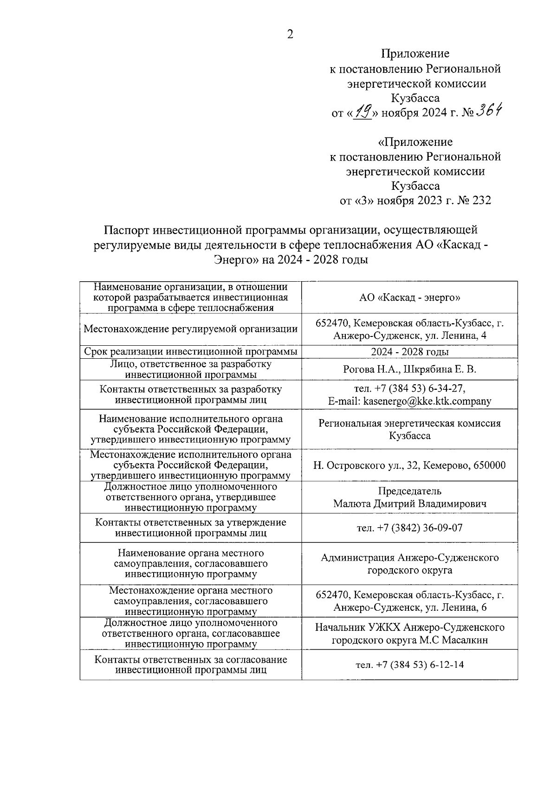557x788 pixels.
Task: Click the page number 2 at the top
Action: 290,35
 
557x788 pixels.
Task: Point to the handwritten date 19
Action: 363,111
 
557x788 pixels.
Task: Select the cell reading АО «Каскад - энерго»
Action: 409,297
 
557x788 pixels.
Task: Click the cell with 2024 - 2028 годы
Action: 409,352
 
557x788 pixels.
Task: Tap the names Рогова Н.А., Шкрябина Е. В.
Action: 409,369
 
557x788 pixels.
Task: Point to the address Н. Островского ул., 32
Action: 367,465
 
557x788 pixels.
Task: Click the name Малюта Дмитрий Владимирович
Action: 409,504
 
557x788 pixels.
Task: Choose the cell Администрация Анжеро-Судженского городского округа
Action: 409,563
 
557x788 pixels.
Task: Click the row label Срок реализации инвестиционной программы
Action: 190,352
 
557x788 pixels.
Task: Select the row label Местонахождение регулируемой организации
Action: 190,329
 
